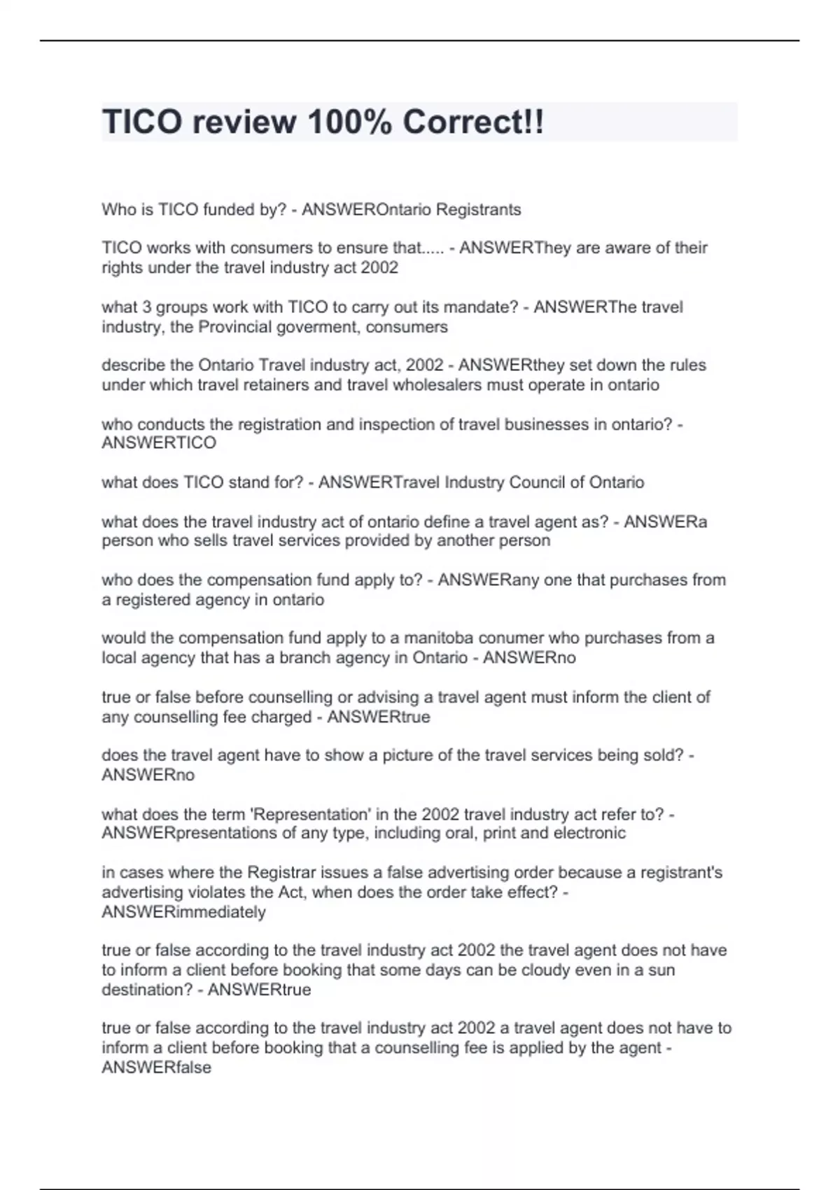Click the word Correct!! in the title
coord(473,122)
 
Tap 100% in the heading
coord(348,122)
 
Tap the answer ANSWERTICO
coord(159,443)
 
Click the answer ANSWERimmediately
coord(183,912)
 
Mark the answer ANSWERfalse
coord(156,1067)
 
